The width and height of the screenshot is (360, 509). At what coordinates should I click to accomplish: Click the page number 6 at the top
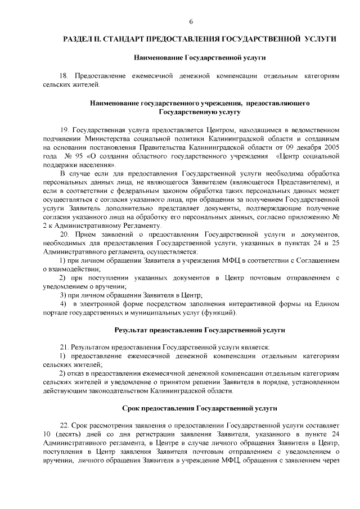pyautogui.click(x=191, y=21)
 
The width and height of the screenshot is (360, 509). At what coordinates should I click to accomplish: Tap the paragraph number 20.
pyautogui.click(x=63, y=233)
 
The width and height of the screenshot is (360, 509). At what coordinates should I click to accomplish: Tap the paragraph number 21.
pyautogui.click(x=63, y=349)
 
